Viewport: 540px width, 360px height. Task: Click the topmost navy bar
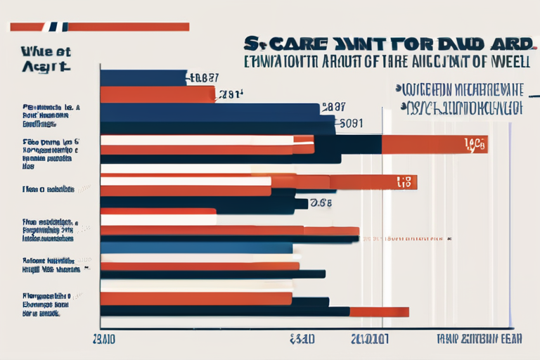pyautogui.click(x=143, y=77)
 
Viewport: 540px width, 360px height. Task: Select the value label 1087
pyautogui.click(x=205, y=78)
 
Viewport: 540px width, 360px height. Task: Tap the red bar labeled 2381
pyautogui.click(x=157, y=94)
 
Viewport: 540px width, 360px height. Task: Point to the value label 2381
pyautogui.click(x=231, y=94)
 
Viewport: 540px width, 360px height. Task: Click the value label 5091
pyautogui.click(x=351, y=122)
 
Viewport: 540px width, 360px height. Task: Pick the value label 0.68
pyautogui.click(x=321, y=203)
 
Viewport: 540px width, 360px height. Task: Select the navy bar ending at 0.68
pyautogui.click(x=204, y=204)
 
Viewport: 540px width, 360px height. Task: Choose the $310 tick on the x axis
pyautogui.click(x=302, y=338)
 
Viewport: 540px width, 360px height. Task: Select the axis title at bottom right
pyautogui.click(x=473, y=338)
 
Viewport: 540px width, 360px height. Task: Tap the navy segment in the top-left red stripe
pyautogui.click(x=55, y=27)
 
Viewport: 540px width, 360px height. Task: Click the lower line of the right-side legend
pyautogui.click(x=461, y=108)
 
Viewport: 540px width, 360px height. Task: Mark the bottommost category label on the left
pyautogui.click(x=43, y=305)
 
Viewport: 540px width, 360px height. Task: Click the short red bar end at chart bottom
pyautogui.click(x=379, y=311)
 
